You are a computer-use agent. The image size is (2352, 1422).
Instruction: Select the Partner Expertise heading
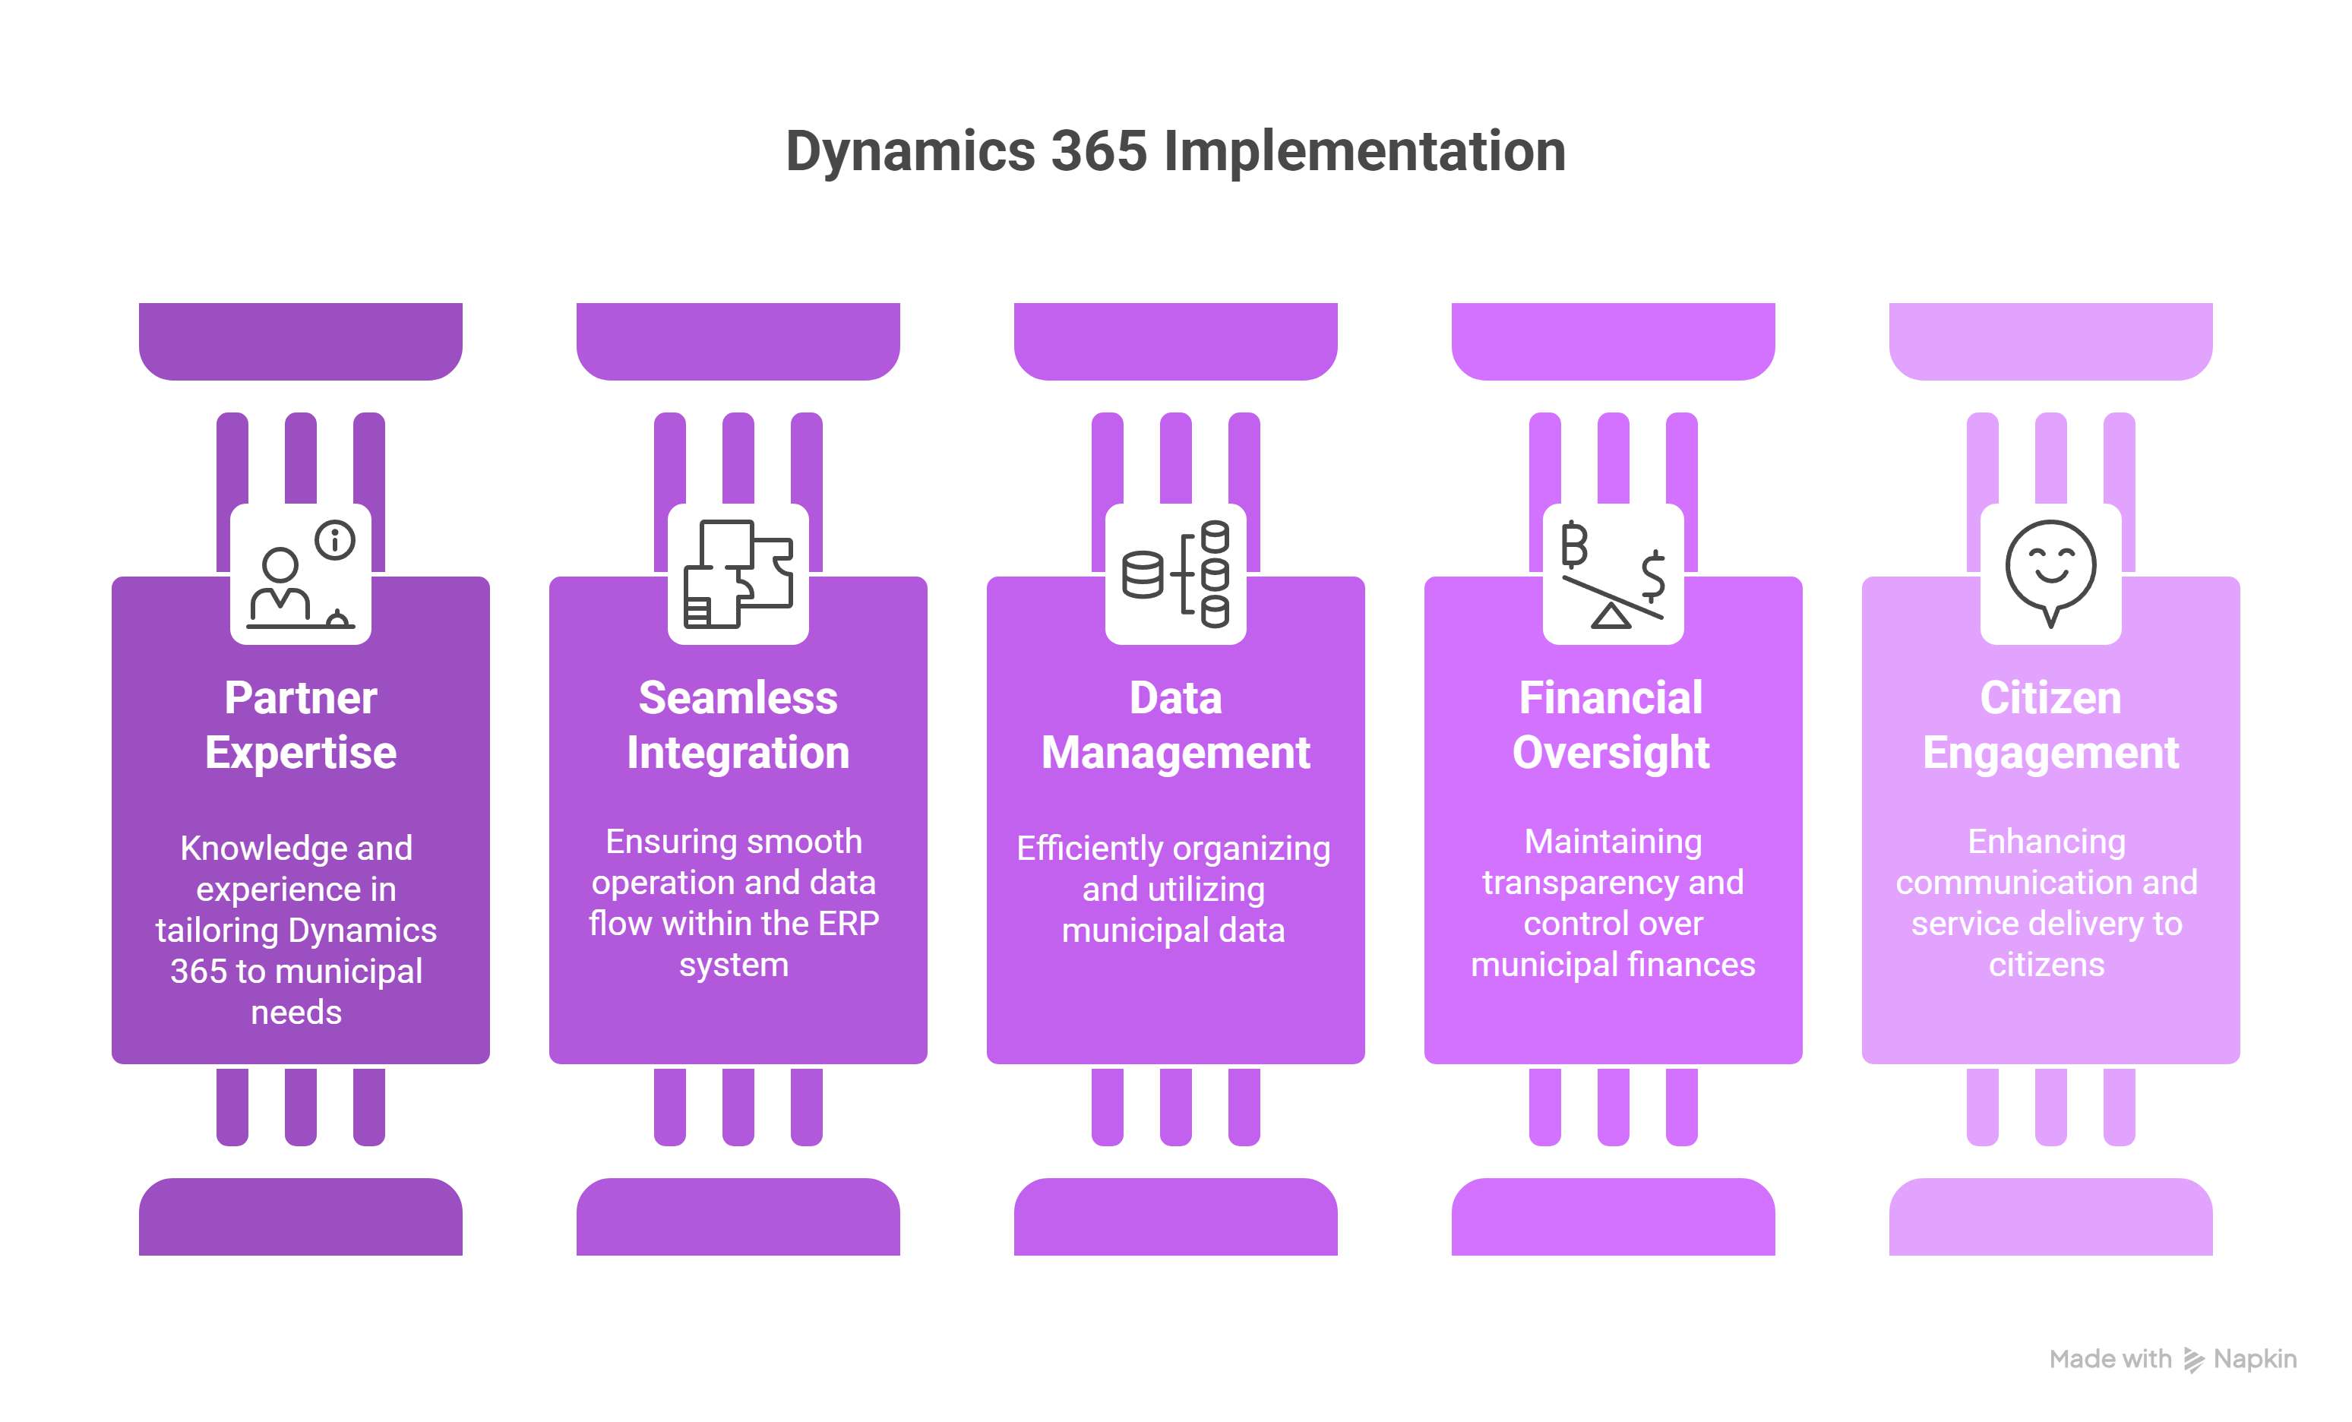(301, 725)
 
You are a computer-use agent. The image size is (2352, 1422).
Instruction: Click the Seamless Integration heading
(738, 725)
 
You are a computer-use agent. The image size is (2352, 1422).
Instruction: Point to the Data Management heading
(1175, 725)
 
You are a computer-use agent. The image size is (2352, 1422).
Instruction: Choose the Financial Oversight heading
(1611, 725)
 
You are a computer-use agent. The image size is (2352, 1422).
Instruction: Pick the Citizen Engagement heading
(2050, 725)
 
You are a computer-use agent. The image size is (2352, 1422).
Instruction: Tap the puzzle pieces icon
(738, 574)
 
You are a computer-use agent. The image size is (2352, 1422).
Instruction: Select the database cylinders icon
(1175, 574)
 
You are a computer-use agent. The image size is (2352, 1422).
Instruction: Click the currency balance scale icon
(1612, 574)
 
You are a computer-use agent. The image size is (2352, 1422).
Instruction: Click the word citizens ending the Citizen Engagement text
(2047, 965)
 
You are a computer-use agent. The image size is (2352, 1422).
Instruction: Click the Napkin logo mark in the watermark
(2193, 1360)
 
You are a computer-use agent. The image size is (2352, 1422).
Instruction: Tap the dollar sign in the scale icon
(1652, 574)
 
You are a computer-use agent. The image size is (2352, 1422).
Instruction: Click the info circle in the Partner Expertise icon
(335, 540)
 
